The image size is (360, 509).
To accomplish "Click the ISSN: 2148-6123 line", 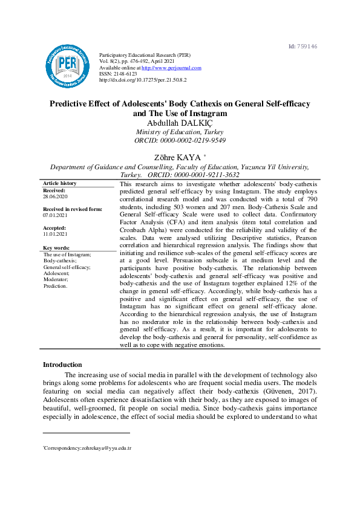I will tap(118, 74).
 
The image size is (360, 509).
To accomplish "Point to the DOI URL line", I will tap(143, 79).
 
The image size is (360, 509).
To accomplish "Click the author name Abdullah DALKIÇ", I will tap(180, 123).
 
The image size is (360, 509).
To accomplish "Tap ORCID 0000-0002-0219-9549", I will tap(180, 140).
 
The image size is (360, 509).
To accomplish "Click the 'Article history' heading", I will tap(59, 183).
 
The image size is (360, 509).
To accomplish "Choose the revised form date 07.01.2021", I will tap(55, 215).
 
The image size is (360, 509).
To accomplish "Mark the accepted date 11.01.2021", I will tap(55, 233).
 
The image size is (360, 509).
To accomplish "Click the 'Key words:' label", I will tap(57, 248).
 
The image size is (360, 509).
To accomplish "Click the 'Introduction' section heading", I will tap(62, 365).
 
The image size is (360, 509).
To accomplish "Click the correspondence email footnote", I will tap(88, 449).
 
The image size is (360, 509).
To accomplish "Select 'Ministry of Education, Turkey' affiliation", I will tap(180, 132).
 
